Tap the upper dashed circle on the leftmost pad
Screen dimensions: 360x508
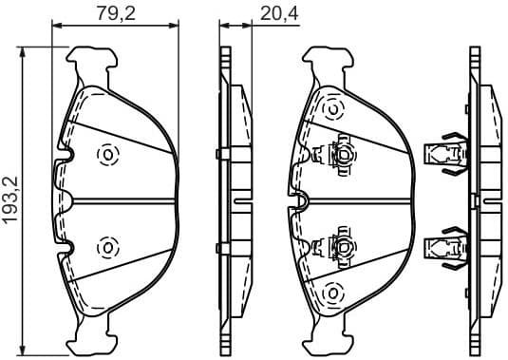(106, 154)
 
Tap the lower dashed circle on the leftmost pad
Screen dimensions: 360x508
(106, 247)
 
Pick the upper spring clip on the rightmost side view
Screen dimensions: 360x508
(444, 152)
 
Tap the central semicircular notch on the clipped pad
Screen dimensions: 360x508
(300, 199)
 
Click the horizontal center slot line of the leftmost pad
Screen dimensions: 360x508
(123, 200)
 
